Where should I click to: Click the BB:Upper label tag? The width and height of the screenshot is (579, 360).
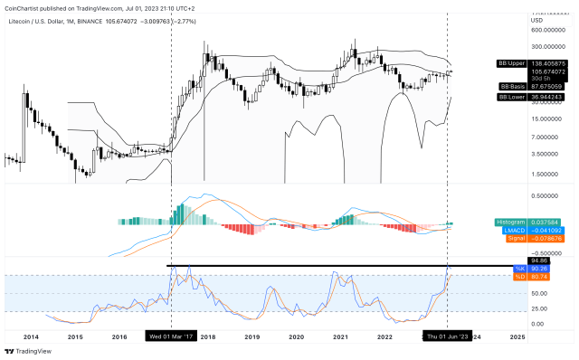514,63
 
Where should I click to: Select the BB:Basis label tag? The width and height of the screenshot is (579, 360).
514,86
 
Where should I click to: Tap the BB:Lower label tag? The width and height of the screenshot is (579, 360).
514,96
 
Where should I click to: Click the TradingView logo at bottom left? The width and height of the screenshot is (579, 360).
27,351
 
